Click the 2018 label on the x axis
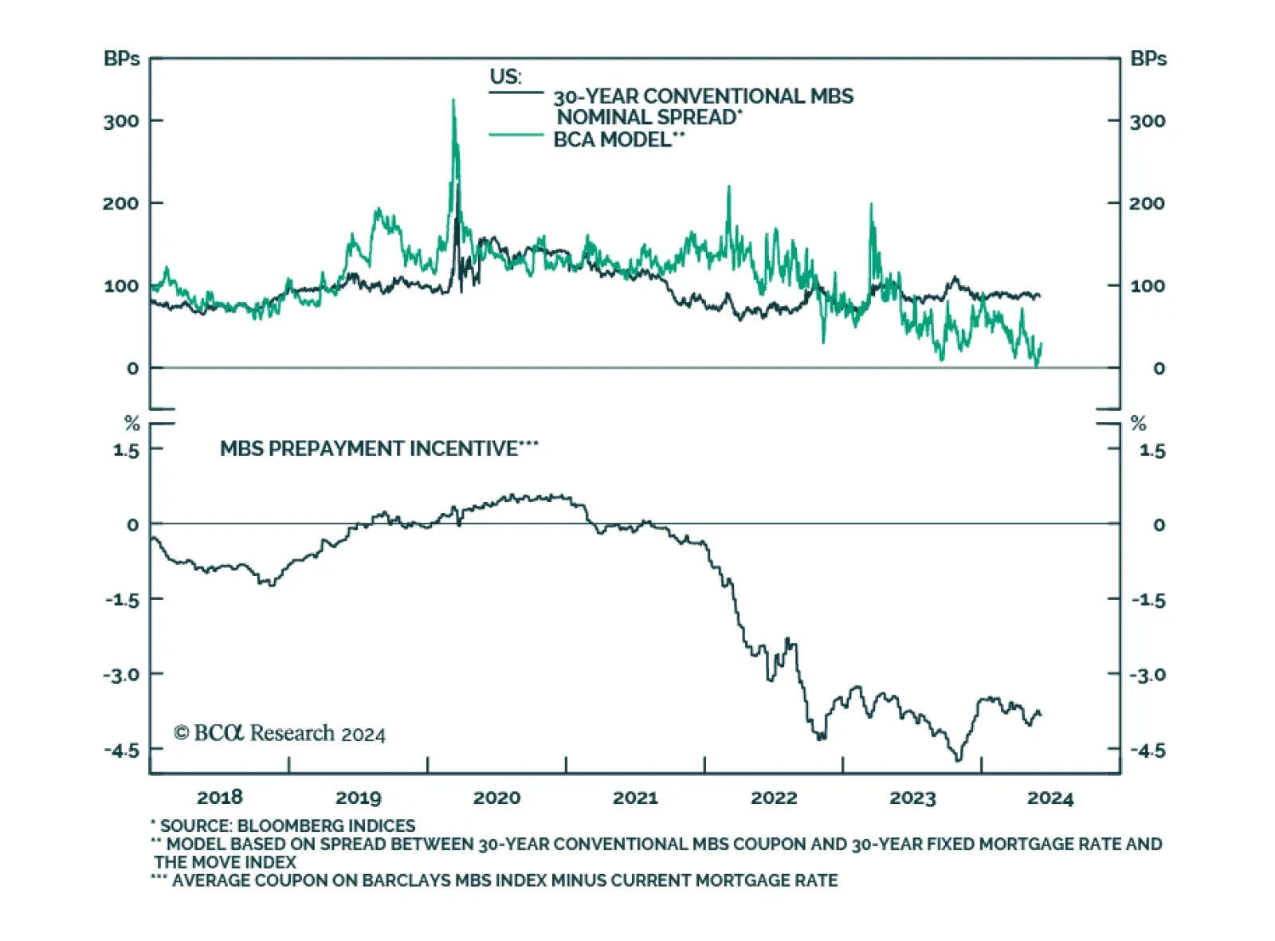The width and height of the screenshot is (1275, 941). (x=219, y=798)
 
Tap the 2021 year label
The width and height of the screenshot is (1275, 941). (x=635, y=798)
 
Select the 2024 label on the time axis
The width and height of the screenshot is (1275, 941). (x=1050, y=798)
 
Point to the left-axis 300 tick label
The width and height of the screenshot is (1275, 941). (x=120, y=121)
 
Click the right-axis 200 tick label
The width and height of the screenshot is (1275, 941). (x=1147, y=203)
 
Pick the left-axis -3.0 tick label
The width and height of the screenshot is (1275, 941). (x=120, y=675)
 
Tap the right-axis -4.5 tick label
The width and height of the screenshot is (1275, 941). (x=1147, y=751)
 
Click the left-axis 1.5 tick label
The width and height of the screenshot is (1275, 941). (x=125, y=451)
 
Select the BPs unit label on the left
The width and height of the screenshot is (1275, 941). (x=121, y=59)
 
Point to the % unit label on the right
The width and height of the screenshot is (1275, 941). (x=1139, y=423)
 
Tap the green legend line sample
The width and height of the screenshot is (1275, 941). (x=516, y=135)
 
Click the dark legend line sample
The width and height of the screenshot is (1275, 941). (x=516, y=93)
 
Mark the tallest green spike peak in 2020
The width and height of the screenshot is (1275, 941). (x=453, y=100)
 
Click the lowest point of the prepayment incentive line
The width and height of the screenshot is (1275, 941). (x=959, y=760)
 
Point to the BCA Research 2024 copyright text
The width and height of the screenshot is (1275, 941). (x=280, y=733)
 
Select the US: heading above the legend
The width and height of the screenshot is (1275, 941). (x=505, y=76)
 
